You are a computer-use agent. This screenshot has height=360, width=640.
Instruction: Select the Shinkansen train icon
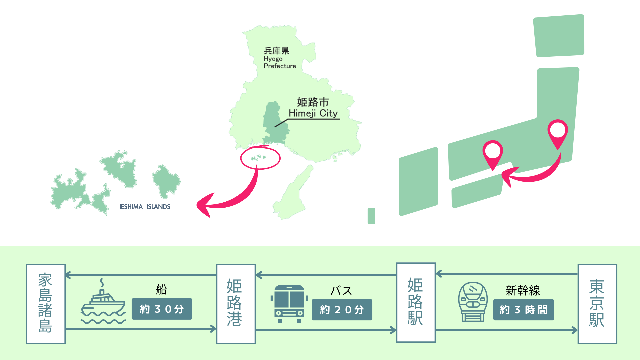(x=473, y=302)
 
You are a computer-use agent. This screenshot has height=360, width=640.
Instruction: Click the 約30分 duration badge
(x=162, y=309)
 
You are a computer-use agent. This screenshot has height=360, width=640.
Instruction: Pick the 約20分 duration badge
(x=342, y=310)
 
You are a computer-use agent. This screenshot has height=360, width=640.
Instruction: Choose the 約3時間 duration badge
(x=523, y=310)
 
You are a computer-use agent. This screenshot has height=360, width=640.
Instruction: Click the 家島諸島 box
(x=46, y=304)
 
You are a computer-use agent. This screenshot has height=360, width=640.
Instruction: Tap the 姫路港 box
(x=236, y=304)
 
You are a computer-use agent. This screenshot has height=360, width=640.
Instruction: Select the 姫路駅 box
(x=416, y=302)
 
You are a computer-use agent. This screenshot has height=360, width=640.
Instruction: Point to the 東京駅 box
(x=597, y=304)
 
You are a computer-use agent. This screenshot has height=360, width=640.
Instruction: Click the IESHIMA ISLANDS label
(x=145, y=207)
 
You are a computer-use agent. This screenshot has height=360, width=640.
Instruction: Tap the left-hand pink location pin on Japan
(x=493, y=152)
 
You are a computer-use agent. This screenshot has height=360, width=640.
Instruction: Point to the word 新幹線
(x=523, y=290)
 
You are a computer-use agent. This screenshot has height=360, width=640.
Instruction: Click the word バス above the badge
(x=341, y=290)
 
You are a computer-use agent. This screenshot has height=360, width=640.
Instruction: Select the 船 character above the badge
(x=161, y=289)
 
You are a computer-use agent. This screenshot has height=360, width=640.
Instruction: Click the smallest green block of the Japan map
(x=371, y=216)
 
